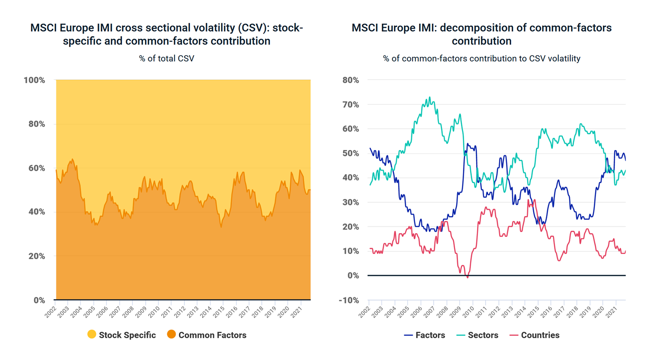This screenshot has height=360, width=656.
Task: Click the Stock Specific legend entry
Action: (x=122, y=335)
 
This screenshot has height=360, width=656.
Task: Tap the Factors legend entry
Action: (x=424, y=335)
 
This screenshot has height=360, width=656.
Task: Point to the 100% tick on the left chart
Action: (x=34, y=80)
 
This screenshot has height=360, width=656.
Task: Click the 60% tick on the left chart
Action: (x=36, y=168)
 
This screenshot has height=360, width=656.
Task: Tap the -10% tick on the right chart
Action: (x=348, y=300)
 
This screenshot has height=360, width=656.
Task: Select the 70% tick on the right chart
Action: (x=351, y=105)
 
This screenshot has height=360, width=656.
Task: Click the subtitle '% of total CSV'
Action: (x=166, y=59)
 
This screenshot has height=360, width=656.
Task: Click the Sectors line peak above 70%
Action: (x=430, y=98)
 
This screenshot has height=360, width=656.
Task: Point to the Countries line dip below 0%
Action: (x=467, y=278)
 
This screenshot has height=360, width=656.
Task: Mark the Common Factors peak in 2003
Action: (x=73, y=159)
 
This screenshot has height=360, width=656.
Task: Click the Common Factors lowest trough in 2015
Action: (x=221, y=227)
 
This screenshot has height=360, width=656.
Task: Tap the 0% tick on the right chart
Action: (x=353, y=276)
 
